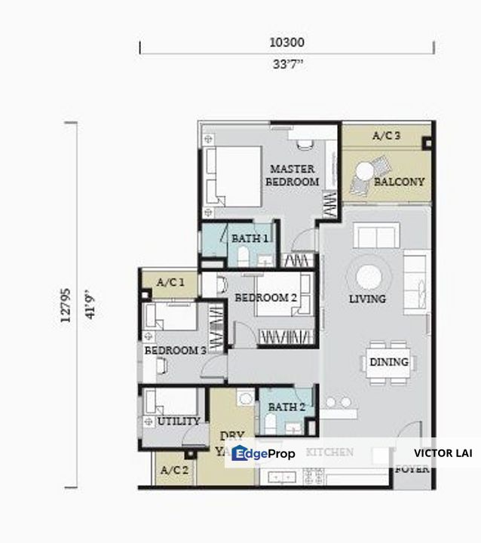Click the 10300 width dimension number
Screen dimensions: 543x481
286,44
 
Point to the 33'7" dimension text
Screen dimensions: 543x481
286,64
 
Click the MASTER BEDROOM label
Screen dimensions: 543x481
293,175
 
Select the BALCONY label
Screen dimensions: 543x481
399,182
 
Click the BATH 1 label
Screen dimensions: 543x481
250,238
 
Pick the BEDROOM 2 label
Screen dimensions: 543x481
265,298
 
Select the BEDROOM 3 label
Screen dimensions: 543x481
175,351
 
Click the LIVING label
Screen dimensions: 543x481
367,299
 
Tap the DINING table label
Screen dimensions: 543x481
389,362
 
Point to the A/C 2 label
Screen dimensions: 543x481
174,469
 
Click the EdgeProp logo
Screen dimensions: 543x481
264,453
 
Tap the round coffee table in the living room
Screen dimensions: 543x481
369,275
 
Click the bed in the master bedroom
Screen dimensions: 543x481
230,175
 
